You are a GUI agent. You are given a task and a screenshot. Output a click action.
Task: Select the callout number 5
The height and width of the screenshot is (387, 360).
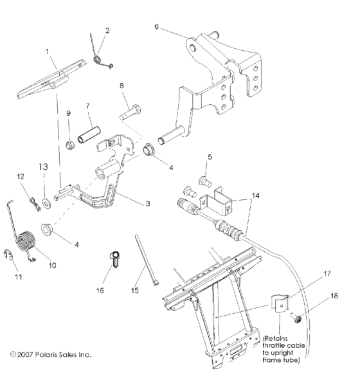[210, 157]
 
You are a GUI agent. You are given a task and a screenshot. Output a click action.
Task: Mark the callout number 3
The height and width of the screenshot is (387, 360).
[147, 203]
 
